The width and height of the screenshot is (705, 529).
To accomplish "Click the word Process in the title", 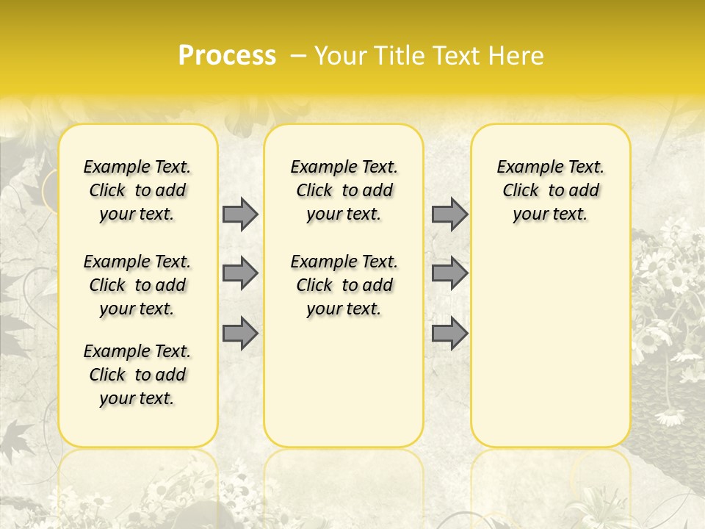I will (227, 56).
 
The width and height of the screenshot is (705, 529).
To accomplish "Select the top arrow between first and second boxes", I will (240, 214).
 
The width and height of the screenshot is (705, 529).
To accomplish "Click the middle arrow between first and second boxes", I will (240, 273).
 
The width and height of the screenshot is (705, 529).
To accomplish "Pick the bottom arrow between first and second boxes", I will (240, 333).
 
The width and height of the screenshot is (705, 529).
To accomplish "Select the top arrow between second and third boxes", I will (449, 214).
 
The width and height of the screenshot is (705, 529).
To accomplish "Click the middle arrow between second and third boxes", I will (449, 273).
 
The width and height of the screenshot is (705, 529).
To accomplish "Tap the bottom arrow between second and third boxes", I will (449, 333).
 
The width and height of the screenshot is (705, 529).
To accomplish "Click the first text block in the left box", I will (137, 190).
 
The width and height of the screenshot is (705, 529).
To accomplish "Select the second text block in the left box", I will (137, 285).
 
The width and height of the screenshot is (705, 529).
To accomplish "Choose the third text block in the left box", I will (137, 375).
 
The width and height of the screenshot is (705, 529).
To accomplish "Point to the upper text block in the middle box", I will (344, 190).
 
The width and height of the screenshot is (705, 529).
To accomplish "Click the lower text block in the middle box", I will (344, 285).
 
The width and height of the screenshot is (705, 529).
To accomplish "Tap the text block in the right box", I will (551, 190).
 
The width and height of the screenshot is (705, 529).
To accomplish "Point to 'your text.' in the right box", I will (551, 215).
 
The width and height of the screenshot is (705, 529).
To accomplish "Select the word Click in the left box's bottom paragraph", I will (107, 375).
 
